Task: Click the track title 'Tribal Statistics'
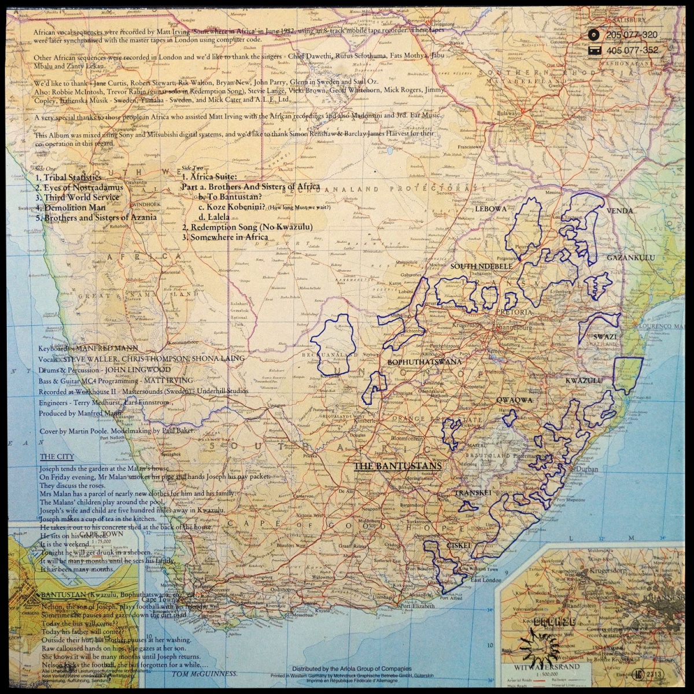pyautogui.click(x=68, y=178)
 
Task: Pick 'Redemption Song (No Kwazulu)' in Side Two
pyautogui.click(x=247, y=227)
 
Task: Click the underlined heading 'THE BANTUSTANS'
pyautogui.click(x=397, y=466)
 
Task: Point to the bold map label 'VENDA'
pyautogui.click(x=619, y=211)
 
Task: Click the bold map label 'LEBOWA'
pyautogui.click(x=490, y=209)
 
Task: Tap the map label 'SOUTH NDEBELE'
pyautogui.click(x=481, y=266)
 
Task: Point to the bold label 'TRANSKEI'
pyautogui.click(x=472, y=493)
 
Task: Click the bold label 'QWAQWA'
pyautogui.click(x=514, y=400)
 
